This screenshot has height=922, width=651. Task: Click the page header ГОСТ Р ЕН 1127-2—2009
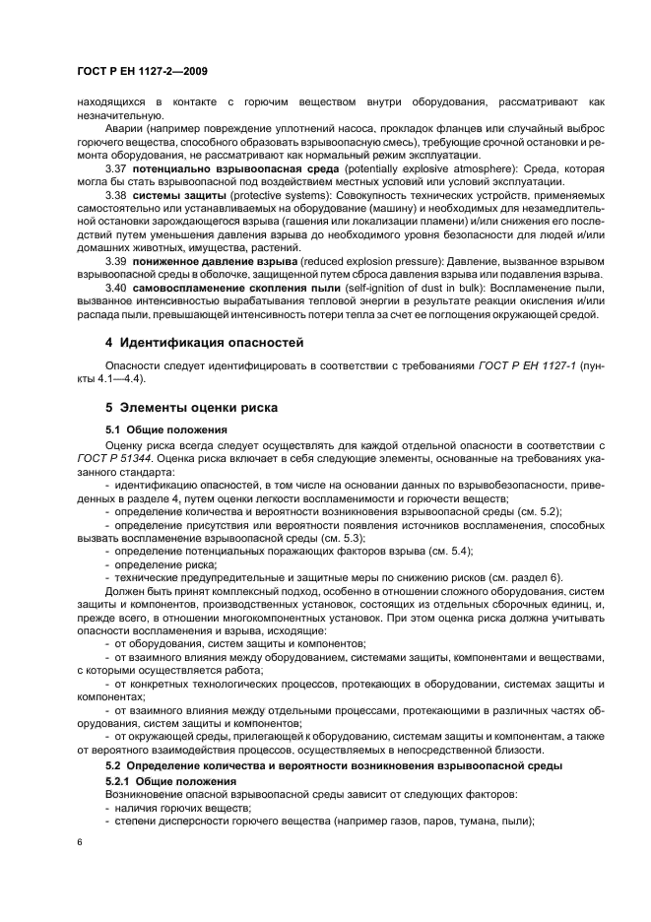click(140, 71)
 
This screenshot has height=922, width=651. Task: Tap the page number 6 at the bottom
click(78, 840)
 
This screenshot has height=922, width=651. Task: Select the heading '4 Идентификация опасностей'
click(203, 343)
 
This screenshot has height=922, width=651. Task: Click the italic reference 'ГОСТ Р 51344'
click(113, 458)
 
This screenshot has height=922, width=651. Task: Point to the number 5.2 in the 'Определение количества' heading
click(117, 764)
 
